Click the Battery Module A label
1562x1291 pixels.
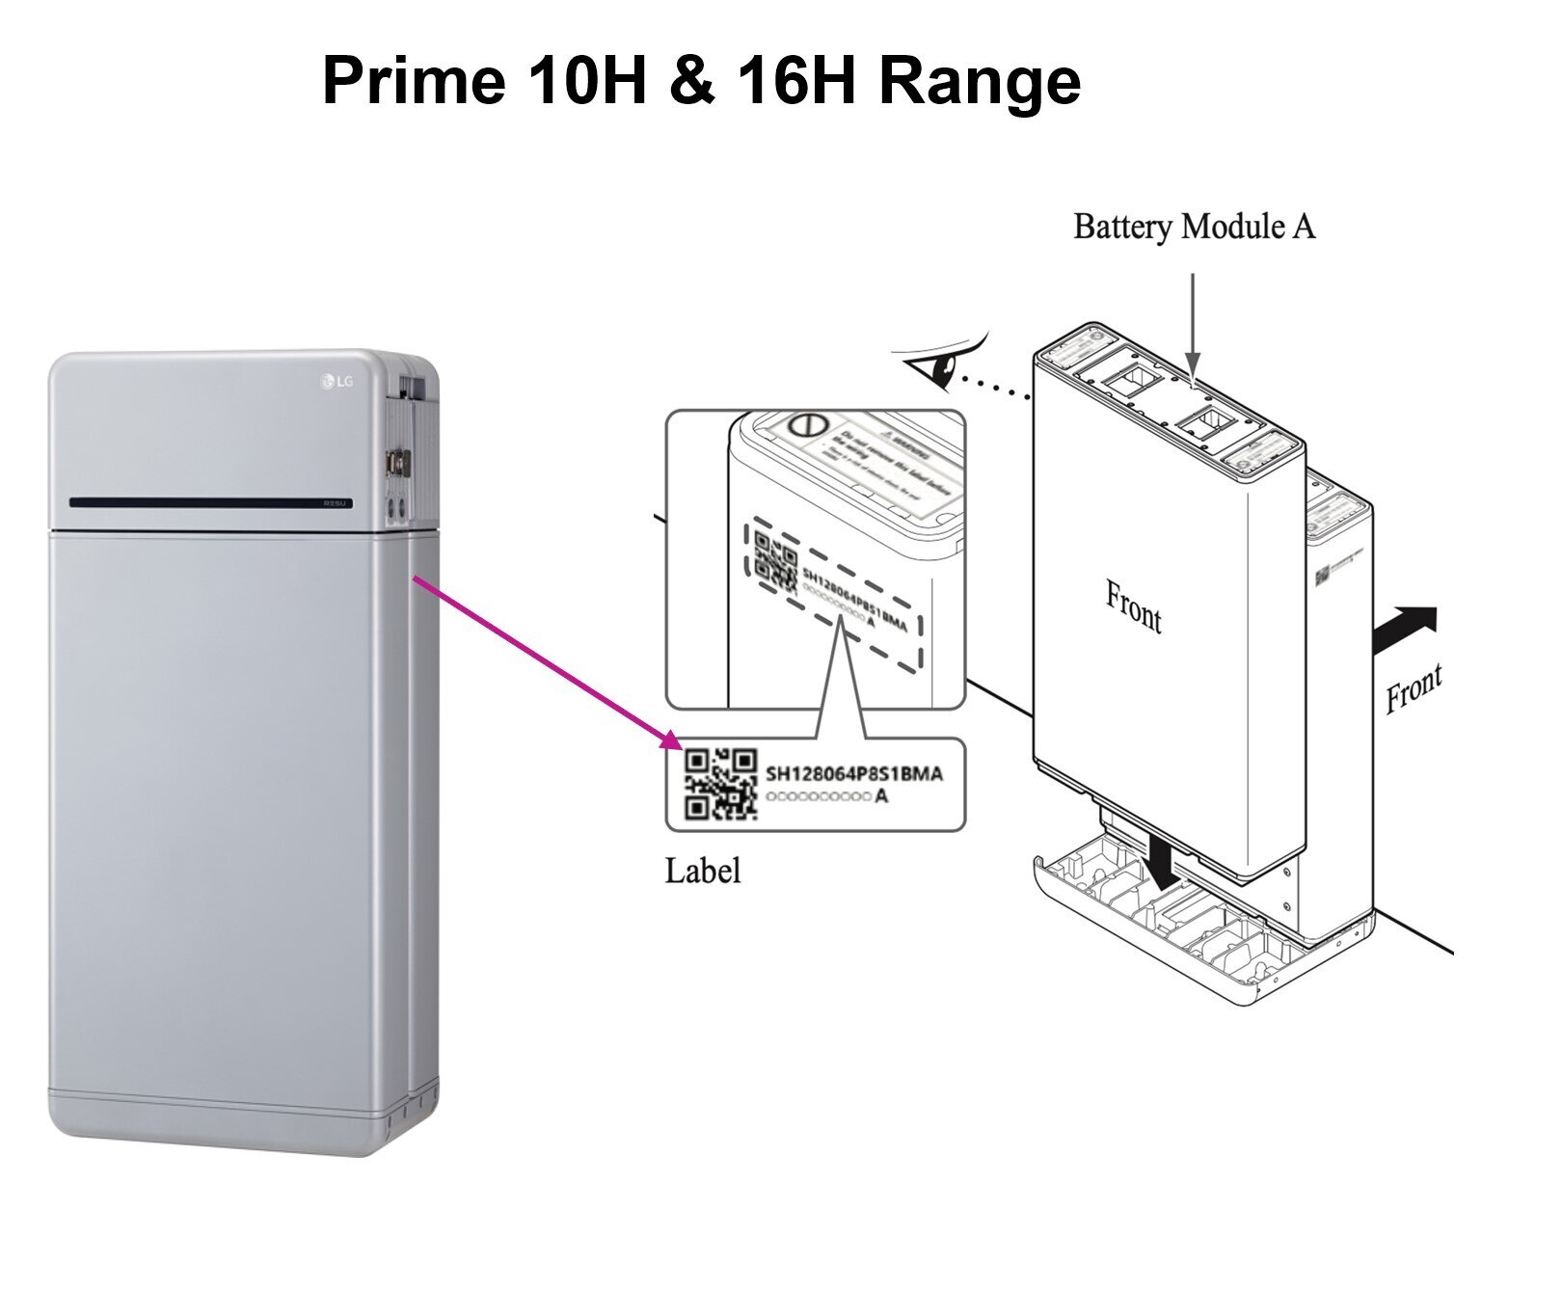click(1194, 227)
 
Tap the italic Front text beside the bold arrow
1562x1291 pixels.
click(1414, 686)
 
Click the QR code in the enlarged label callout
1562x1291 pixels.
click(720, 784)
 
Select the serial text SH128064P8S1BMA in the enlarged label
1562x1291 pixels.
click(853, 773)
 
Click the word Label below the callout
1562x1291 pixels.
click(703, 871)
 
